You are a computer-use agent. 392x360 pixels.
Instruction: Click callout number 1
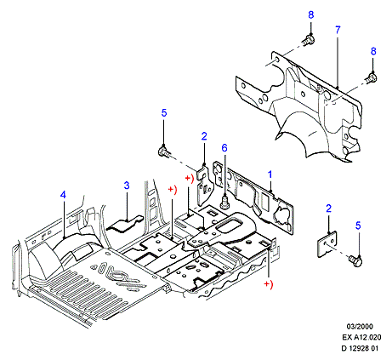tap(270, 174)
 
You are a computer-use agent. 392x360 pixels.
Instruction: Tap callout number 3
tap(127, 186)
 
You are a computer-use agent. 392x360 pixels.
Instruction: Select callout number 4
tap(63, 195)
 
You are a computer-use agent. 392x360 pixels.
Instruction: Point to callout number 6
tap(224, 148)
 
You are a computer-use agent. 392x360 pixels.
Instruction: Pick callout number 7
tap(338, 30)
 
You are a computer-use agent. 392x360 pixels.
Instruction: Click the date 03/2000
tap(360, 327)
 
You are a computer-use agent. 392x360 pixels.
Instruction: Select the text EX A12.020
tap(361, 337)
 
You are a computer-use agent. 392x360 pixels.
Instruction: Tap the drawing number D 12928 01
tap(360, 348)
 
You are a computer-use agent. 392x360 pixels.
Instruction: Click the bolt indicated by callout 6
tap(224, 203)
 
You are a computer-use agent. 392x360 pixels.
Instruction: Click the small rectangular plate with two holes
tap(327, 244)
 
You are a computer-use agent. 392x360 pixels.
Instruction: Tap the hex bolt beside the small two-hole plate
tap(355, 260)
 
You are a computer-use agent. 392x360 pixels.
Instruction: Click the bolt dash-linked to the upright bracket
tap(164, 151)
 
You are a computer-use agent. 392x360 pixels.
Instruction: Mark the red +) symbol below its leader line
tap(268, 284)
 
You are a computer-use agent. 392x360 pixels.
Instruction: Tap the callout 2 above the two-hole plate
tap(328, 209)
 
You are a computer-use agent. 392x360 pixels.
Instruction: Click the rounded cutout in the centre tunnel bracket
tap(227, 226)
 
